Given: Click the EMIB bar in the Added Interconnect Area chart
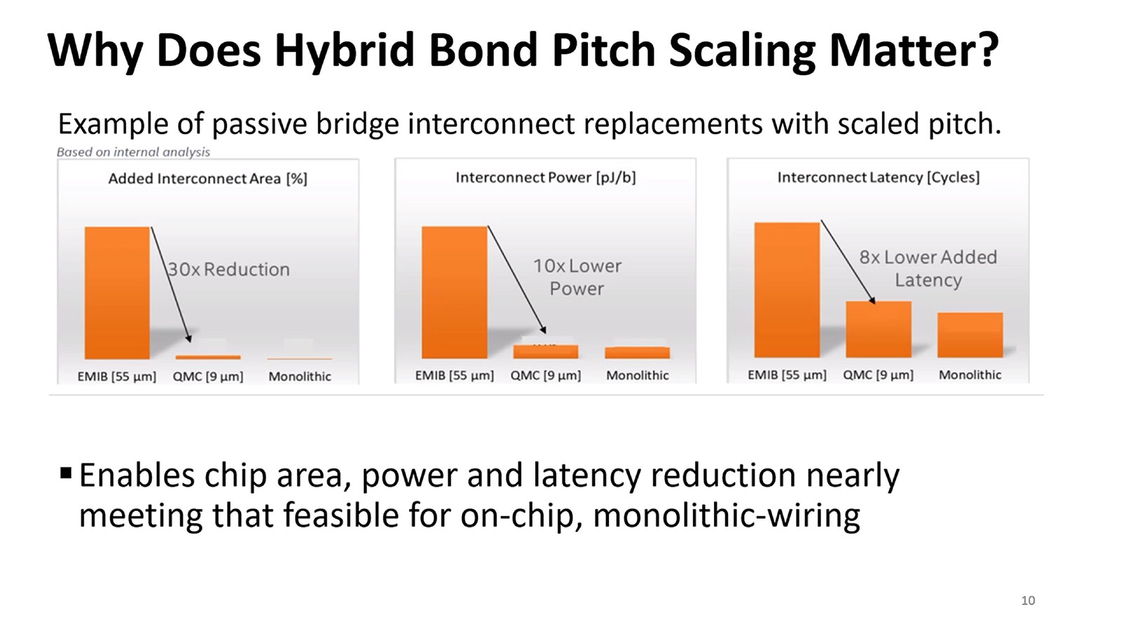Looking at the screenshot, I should [x=117, y=293].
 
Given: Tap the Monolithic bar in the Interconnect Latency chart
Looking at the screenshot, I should [x=970, y=335].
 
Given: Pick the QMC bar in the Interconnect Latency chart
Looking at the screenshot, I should [x=878, y=329].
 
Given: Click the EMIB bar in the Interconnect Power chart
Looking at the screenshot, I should [x=454, y=293].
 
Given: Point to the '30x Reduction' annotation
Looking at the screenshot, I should [x=228, y=269].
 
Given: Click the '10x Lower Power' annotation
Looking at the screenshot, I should [x=577, y=277].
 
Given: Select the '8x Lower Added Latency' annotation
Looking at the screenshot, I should [x=928, y=268].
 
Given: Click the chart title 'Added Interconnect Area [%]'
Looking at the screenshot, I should [x=207, y=178].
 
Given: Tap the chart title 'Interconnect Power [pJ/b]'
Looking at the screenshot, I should [x=545, y=178].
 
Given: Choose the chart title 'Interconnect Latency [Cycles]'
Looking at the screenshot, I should [x=878, y=178].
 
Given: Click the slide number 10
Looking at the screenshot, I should [x=1028, y=601].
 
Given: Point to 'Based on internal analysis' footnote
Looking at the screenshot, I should [x=133, y=152].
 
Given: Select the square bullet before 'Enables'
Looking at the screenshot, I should [x=66, y=473].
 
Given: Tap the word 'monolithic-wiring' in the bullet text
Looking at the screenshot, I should [x=727, y=516].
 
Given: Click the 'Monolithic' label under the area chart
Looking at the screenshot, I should [x=300, y=377].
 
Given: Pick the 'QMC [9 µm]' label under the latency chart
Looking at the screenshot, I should [x=878, y=375].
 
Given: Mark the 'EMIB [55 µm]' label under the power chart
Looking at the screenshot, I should [x=454, y=376].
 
